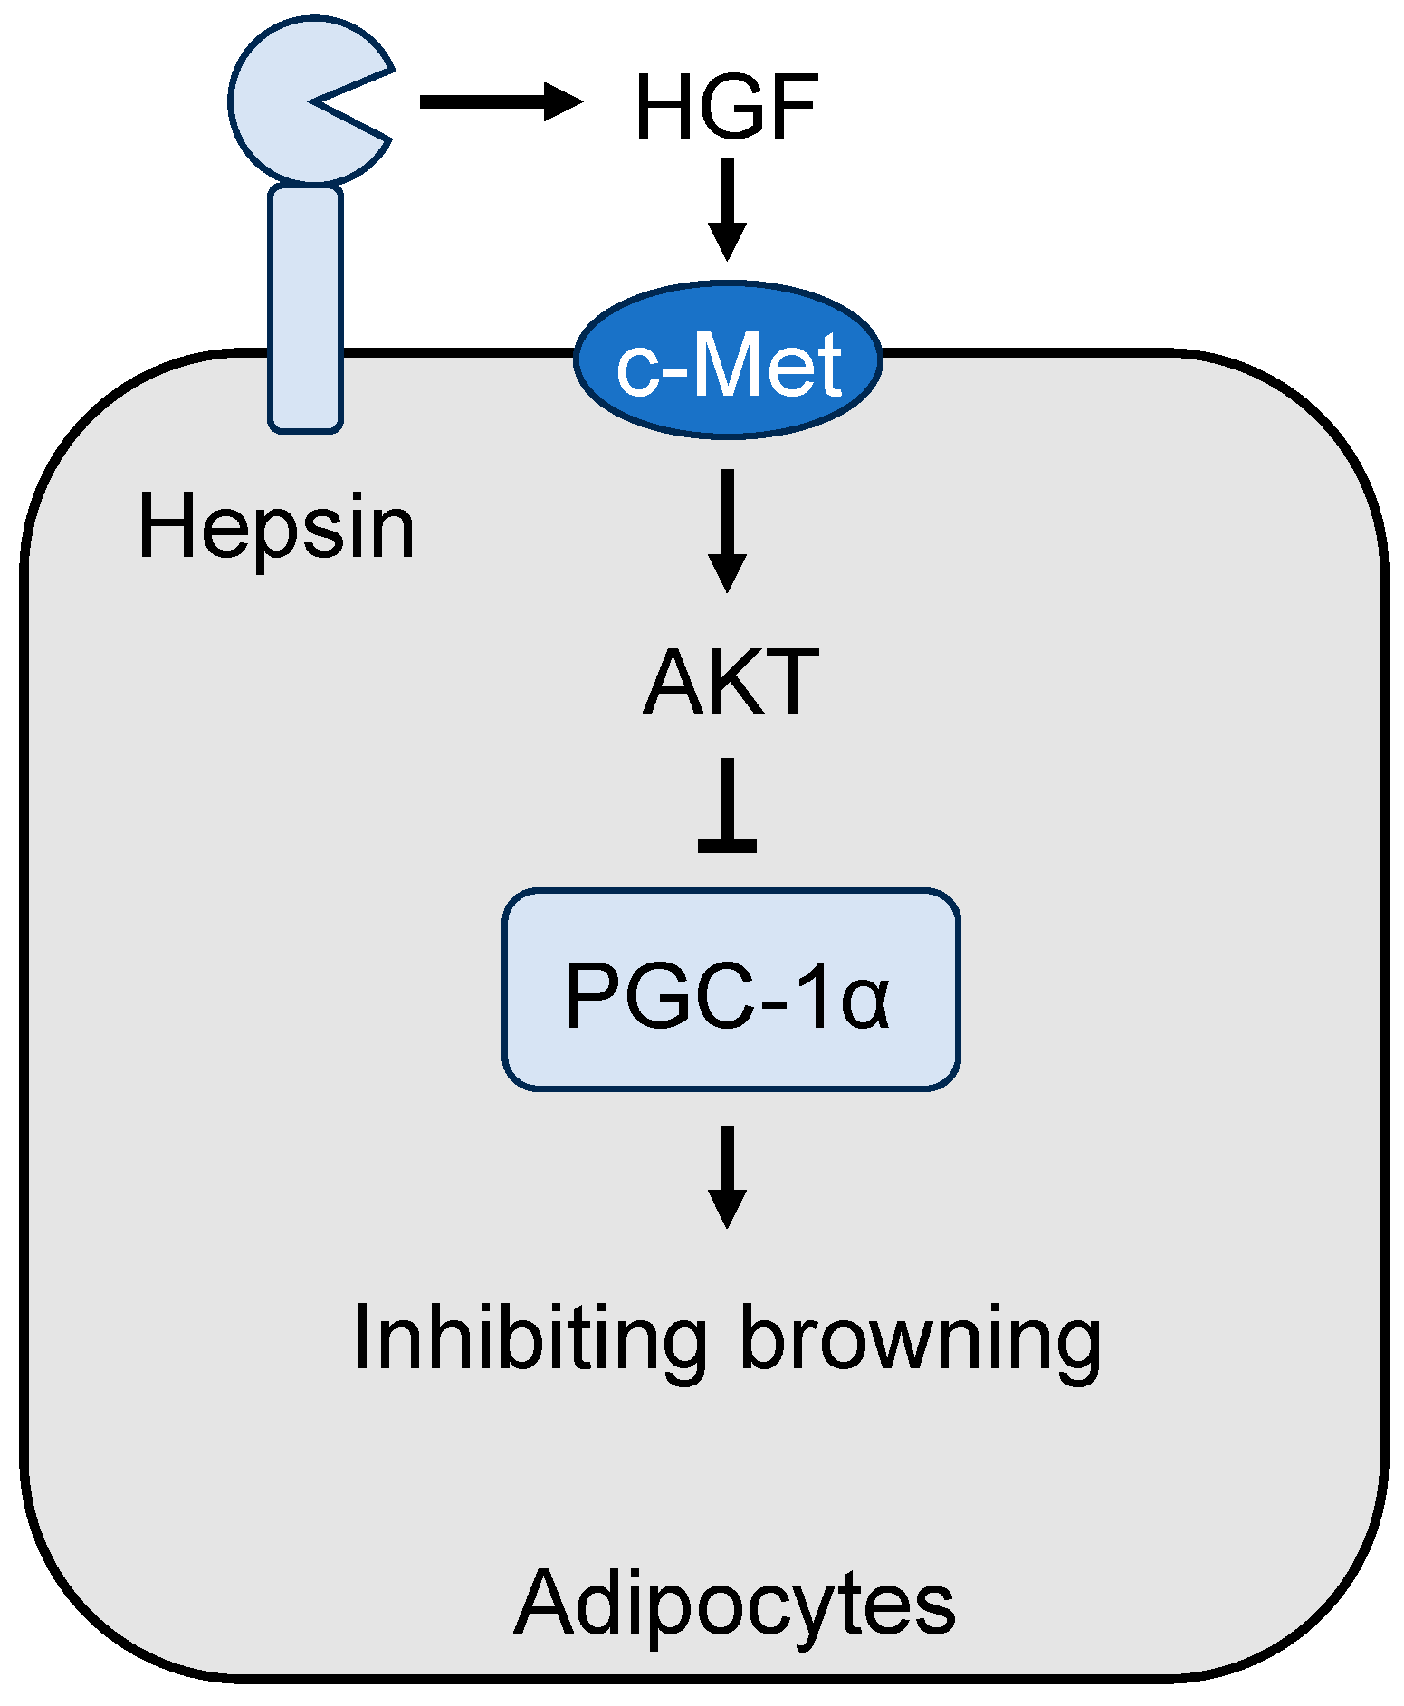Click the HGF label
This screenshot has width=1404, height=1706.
pyautogui.click(x=727, y=108)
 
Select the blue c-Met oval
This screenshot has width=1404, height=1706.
pyautogui.click(x=728, y=360)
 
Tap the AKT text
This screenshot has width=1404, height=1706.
pyautogui.click(x=730, y=682)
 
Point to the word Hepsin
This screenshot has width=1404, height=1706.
pyautogui.click(x=275, y=528)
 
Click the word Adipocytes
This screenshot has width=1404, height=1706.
pyautogui.click(x=734, y=1603)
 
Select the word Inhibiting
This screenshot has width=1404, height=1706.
pyautogui.click(x=530, y=1338)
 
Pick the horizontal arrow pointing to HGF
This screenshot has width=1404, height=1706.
pyautogui.click(x=500, y=101)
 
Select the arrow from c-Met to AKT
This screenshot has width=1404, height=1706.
pyautogui.click(x=727, y=530)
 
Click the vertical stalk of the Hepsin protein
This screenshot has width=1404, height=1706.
pyautogui.click(x=306, y=308)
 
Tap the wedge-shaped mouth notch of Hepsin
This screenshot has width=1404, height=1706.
pyautogui.click(x=358, y=102)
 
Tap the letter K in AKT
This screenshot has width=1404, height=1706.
pyautogui.click(x=731, y=682)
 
